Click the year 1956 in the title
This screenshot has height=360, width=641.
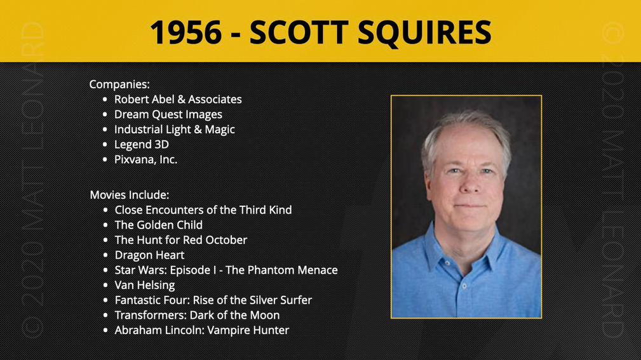pos(186,32)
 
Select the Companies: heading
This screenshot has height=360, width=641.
pos(119,84)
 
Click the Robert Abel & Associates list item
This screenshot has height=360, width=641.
pos(178,99)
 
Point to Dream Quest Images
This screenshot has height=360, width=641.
pos(168,114)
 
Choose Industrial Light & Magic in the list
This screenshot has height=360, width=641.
pos(175,130)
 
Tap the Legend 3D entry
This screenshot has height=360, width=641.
pos(142,144)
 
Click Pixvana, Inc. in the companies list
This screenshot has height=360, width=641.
pos(145,159)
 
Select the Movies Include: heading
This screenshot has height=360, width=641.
pos(129,194)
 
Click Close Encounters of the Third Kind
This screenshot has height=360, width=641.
pos(203,210)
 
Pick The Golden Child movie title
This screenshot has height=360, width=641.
pos(159,225)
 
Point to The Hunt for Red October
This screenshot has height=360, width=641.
pos(180,240)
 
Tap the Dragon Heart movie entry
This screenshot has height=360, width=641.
pos(149,255)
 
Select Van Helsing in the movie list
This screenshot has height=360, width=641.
pos(145,285)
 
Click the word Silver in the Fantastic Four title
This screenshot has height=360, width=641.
pos(263,300)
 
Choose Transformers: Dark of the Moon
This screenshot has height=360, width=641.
pos(197,315)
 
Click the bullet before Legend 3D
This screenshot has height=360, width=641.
pos(105,145)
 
